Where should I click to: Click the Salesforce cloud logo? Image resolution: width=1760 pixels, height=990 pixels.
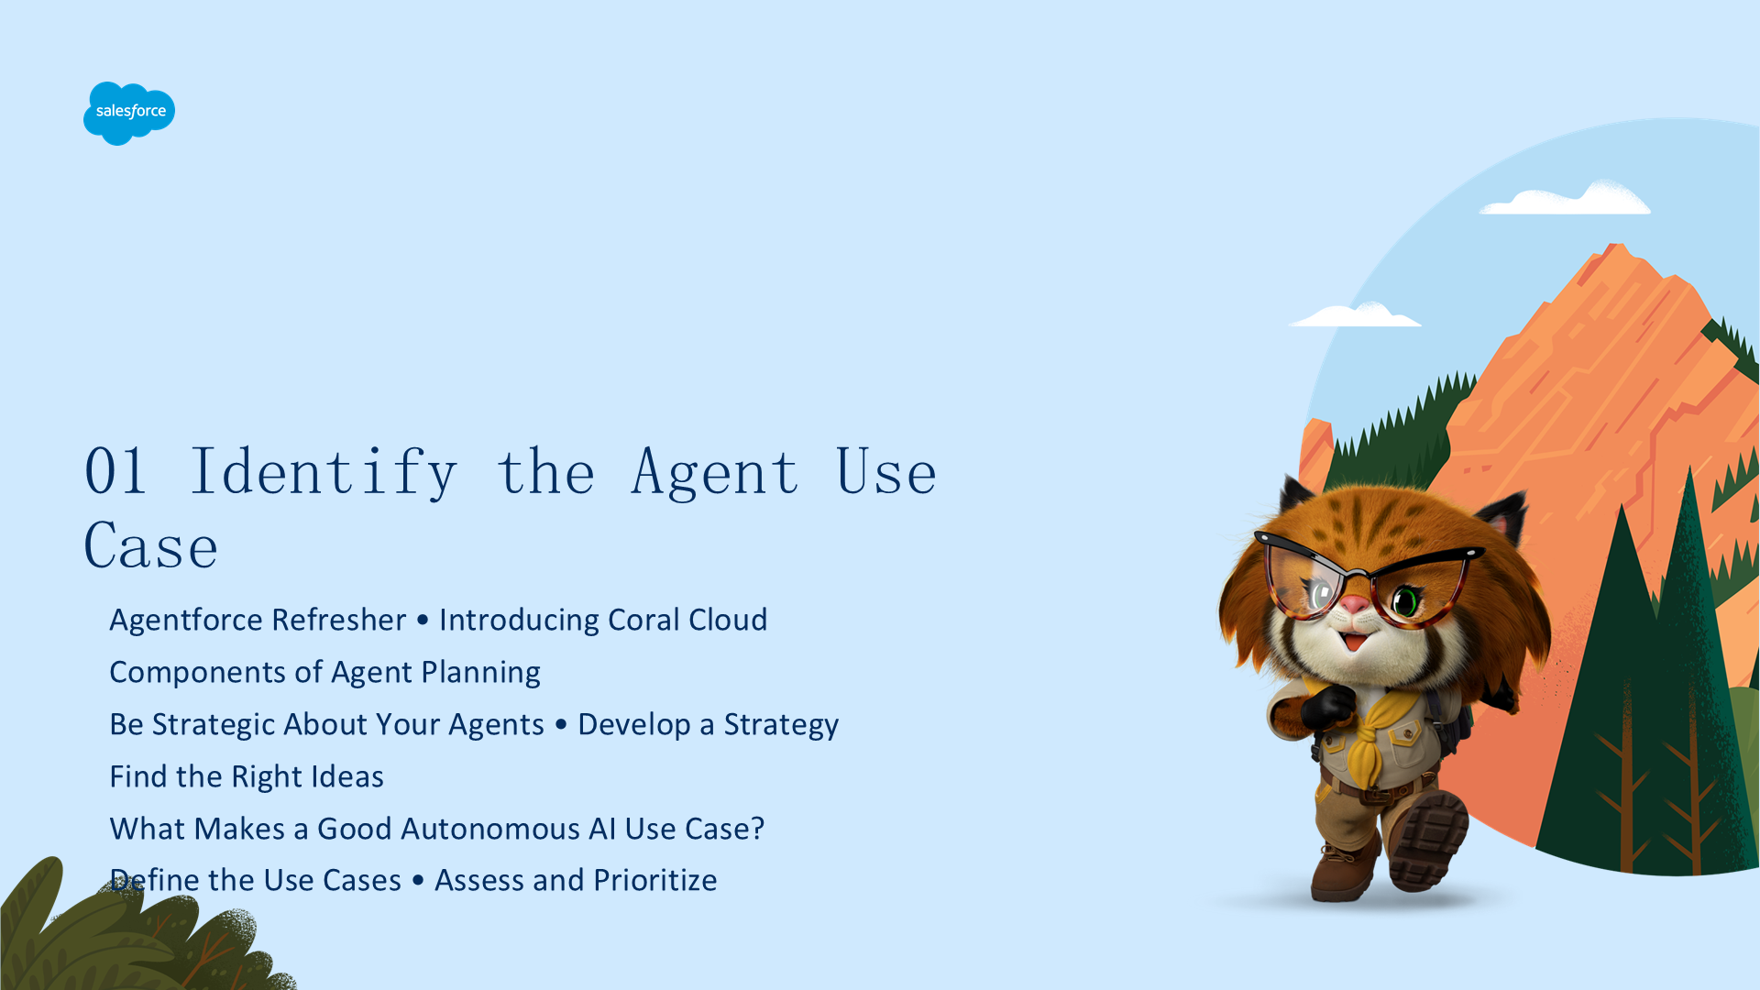point(129,113)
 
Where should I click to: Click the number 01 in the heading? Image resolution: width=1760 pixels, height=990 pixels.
point(115,472)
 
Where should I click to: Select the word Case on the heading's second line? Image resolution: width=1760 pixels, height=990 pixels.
point(151,546)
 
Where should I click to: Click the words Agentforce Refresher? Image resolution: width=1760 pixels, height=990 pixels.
point(258,620)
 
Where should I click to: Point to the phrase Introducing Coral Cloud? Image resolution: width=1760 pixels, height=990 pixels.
point(603,620)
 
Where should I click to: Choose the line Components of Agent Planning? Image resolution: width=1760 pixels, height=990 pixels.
point(324,672)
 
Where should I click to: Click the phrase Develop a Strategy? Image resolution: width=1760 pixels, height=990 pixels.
point(708,724)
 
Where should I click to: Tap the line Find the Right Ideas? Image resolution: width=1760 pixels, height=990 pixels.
point(247,776)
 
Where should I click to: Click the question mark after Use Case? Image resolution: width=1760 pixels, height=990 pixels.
point(757,829)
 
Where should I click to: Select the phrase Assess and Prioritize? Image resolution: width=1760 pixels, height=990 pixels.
point(576,880)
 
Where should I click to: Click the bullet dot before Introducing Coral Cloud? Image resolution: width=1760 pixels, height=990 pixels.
point(423,621)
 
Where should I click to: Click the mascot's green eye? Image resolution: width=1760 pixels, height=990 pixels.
point(1405,602)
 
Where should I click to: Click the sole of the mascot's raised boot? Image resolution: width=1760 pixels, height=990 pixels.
point(1428,839)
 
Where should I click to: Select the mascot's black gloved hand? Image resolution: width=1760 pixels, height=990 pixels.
point(1327,708)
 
